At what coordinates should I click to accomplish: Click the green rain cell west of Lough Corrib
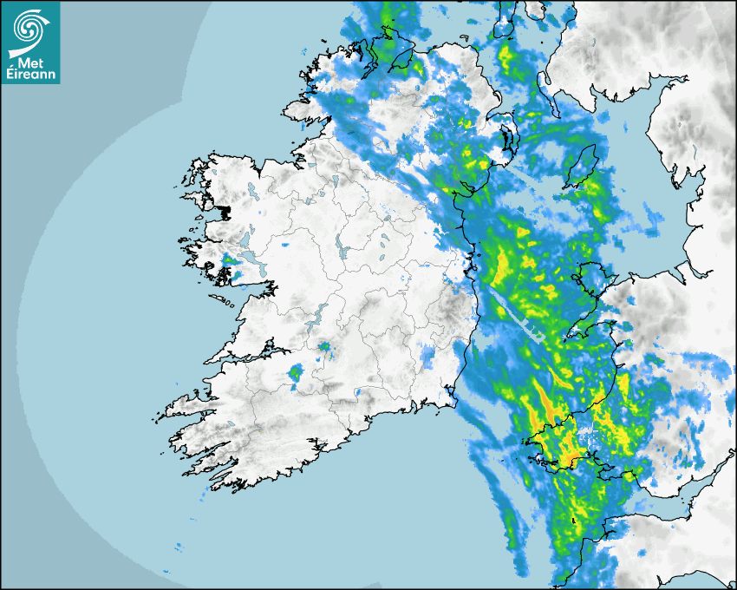click(230, 259)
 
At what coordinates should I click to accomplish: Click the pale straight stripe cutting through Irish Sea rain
click(517, 316)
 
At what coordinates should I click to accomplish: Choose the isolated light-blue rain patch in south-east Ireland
click(428, 355)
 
